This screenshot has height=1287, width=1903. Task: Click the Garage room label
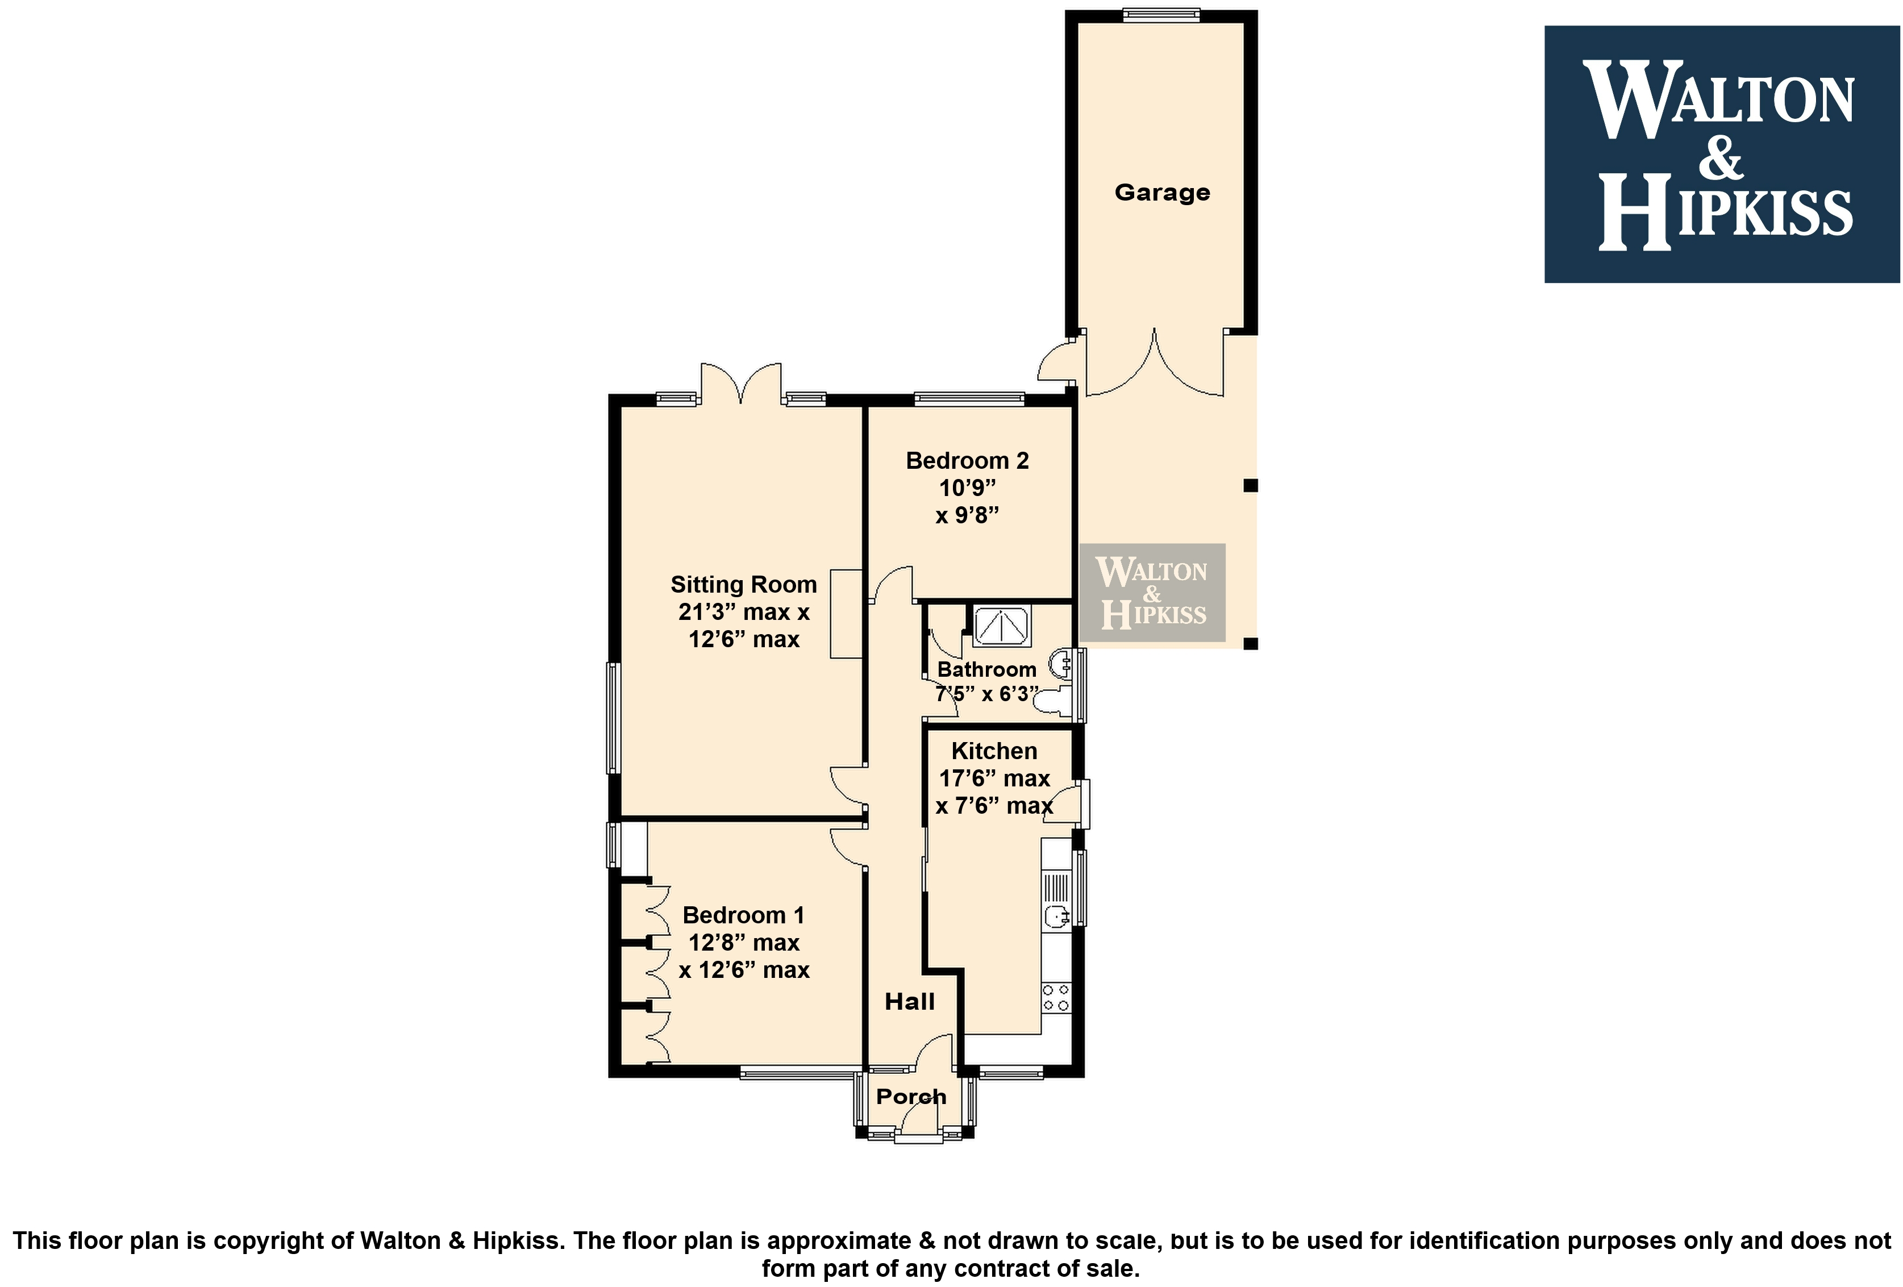pyautogui.click(x=1162, y=193)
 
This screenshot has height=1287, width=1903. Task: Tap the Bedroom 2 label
pyautogui.click(x=967, y=461)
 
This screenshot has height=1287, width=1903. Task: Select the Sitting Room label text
pyautogui.click(x=743, y=585)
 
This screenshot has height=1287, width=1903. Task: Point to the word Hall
pyautogui.click(x=910, y=1001)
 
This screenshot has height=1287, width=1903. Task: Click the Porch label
pyautogui.click(x=911, y=1096)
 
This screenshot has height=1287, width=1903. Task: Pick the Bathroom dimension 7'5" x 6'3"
pyautogui.click(x=986, y=694)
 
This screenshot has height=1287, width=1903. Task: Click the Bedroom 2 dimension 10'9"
pyautogui.click(x=967, y=488)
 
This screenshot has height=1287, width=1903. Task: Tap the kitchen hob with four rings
pyautogui.click(x=1056, y=998)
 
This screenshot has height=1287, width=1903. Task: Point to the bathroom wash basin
pyautogui.click(x=1061, y=665)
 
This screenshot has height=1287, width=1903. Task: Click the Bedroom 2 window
pyautogui.click(x=969, y=399)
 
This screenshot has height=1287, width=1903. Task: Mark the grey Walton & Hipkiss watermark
pyautogui.click(x=1152, y=593)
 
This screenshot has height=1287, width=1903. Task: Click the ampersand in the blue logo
pyautogui.click(x=1721, y=156)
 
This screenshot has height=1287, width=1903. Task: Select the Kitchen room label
pyautogui.click(x=994, y=751)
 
